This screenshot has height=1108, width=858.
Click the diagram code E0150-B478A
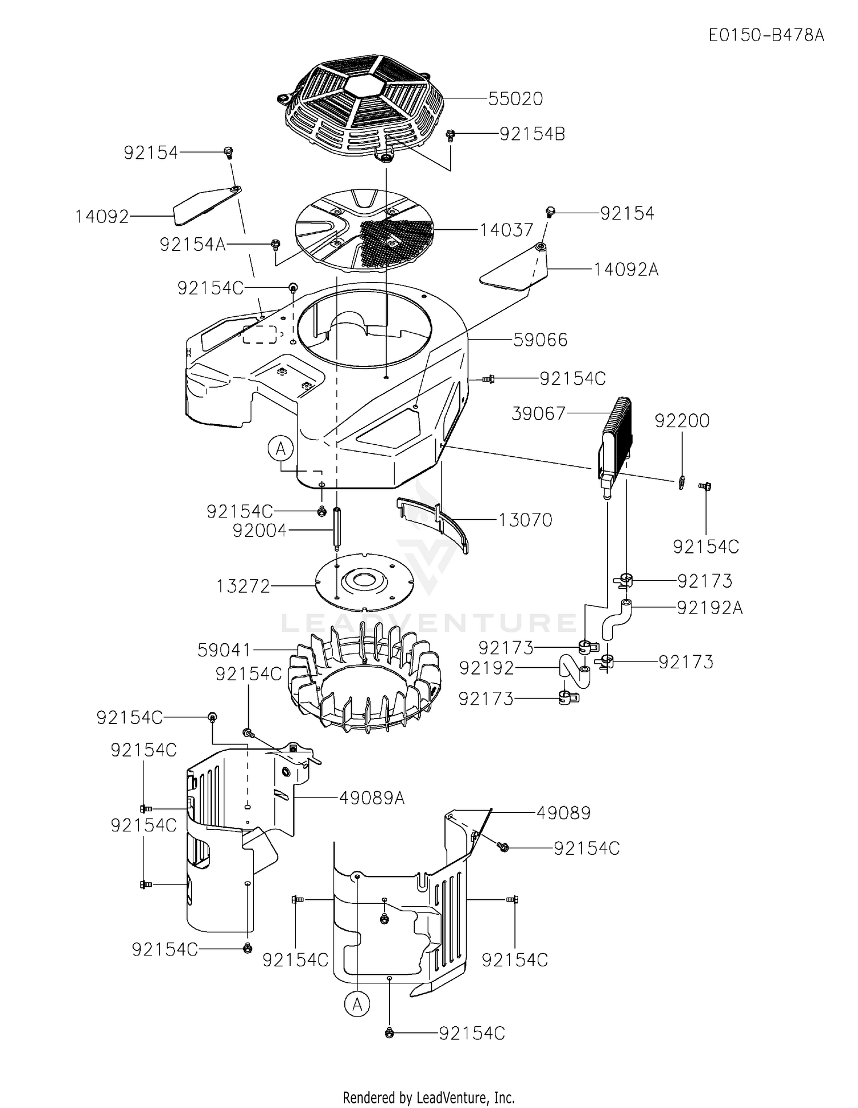pos(766,35)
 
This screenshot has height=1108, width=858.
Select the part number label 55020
pos(515,99)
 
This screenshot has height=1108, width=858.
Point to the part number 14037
pos(506,230)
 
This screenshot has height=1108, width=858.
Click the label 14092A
pos(626,269)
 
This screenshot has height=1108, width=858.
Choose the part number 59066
pos(540,340)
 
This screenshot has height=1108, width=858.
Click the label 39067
pos(538,413)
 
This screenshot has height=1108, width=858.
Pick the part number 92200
pos(682,421)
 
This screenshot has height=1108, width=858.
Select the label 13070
pos(525,520)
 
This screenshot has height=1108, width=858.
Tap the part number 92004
pos(259,531)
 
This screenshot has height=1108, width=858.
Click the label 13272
pos(243,586)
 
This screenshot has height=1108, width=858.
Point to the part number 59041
pos(224,650)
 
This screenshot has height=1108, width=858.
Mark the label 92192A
pos(709,608)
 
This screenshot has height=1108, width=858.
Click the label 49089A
pos(372,798)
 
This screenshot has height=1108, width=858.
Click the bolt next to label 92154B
pos(450,135)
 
